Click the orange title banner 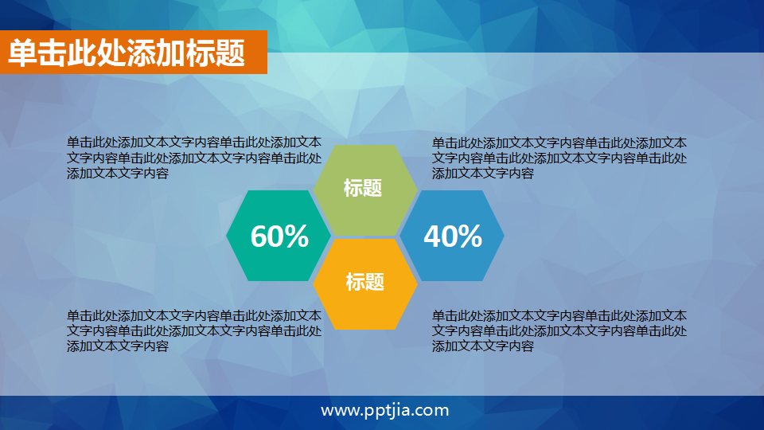click(x=133, y=53)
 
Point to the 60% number click(x=279, y=236)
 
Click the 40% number click(x=453, y=236)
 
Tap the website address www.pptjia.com click(x=385, y=411)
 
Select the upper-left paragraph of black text click(x=194, y=158)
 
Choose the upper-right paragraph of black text click(x=559, y=158)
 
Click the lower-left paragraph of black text click(x=194, y=330)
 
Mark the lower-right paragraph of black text click(x=559, y=330)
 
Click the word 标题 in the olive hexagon click(x=363, y=188)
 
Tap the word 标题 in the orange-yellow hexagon click(x=364, y=281)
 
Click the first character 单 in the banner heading click(x=22, y=53)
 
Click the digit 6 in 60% click(x=260, y=236)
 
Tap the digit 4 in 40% click(x=434, y=236)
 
